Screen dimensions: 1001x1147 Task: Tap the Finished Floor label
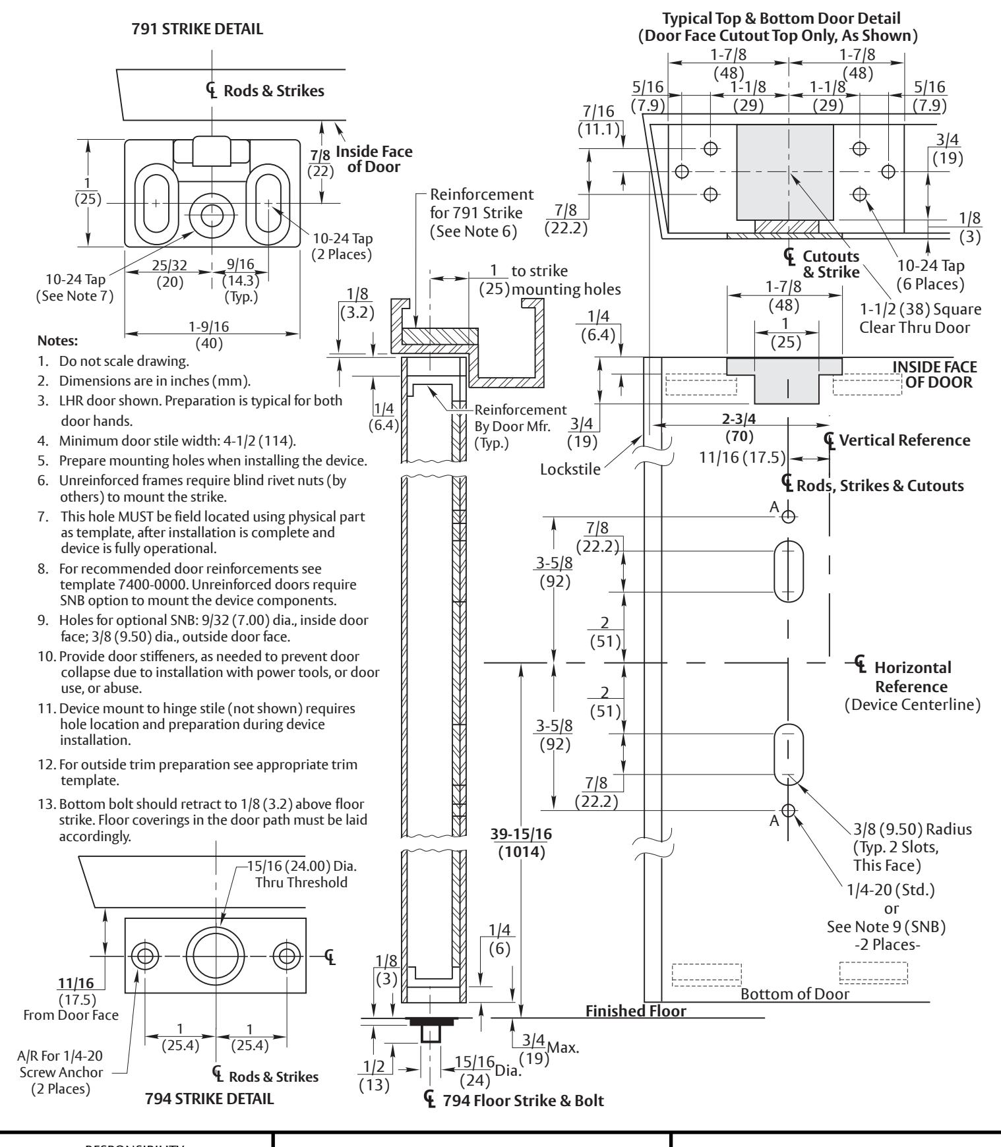pyautogui.click(x=636, y=1011)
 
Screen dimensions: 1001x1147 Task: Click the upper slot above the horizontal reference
pyautogui.click(x=789, y=571)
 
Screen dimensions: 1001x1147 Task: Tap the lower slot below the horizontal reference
pyautogui.click(x=789, y=754)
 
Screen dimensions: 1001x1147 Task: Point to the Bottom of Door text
pyautogui.click(x=795, y=993)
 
